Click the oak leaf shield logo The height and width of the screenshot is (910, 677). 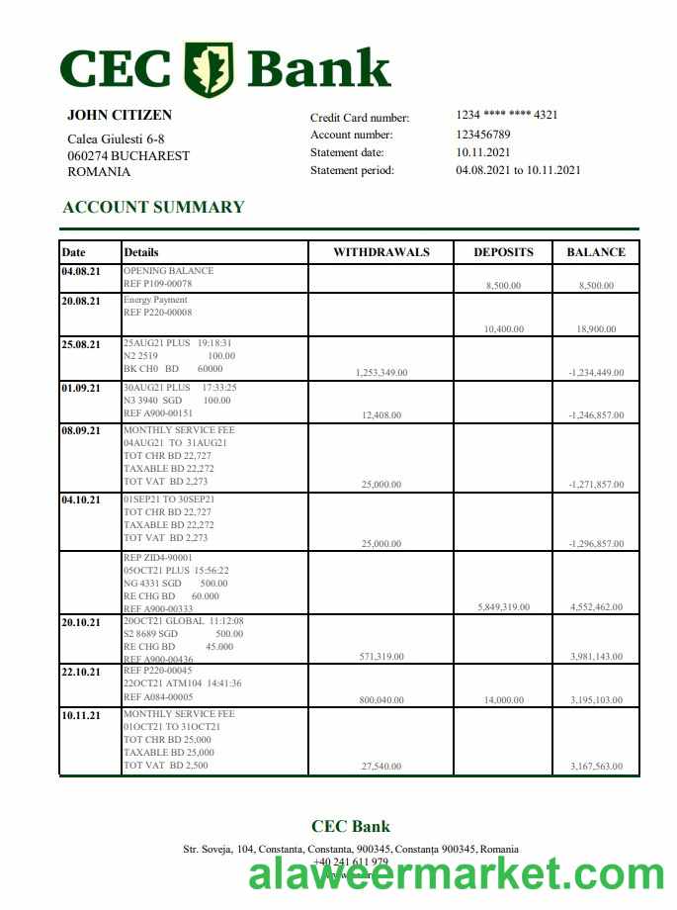click(x=210, y=69)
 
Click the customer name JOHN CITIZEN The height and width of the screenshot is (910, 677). click(x=120, y=116)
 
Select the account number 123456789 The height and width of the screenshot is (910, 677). click(x=483, y=135)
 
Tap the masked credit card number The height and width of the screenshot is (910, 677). click(x=507, y=115)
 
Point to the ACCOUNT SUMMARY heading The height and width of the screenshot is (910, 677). click(x=153, y=207)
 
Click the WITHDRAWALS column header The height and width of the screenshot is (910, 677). click(x=381, y=252)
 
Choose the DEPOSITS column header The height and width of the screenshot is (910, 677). click(x=503, y=252)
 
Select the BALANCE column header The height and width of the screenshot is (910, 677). click(x=596, y=252)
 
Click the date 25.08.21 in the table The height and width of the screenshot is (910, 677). click(x=81, y=345)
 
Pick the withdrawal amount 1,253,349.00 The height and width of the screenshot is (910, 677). click(x=381, y=373)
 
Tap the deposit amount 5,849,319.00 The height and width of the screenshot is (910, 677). click(x=503, y=607)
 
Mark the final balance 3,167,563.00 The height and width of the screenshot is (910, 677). click(x=596, y=767)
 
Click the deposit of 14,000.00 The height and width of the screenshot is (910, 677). click(x=504, y=700)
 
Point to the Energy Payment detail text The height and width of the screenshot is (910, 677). click(x=155, y=300)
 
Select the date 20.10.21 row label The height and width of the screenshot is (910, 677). click(x=81, y=622)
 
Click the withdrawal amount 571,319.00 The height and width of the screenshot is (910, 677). click(x=381, y=656)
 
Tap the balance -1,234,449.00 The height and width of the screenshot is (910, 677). click(x=596, y=373)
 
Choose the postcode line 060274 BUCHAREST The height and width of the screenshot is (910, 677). click(x=128, y=155)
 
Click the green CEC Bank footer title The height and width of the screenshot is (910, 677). click(x=351, y=827)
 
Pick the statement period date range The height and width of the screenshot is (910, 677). click(x=518, y=170)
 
